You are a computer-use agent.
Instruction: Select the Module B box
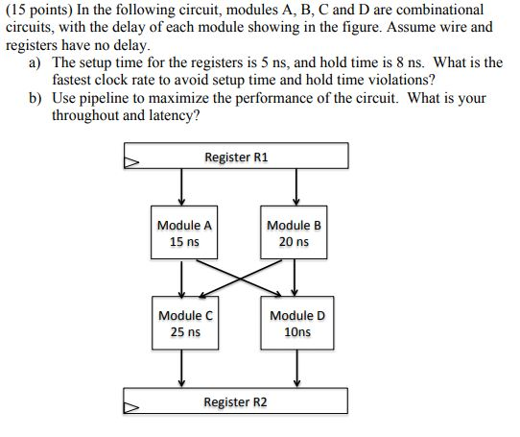pos(294,233)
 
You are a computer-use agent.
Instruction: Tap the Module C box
pos(184,323)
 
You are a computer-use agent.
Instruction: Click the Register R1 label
pos(236,157)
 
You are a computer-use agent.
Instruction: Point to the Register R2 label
pos(236,401)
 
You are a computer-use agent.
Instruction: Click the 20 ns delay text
pos(294,242)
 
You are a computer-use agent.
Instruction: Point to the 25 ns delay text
pos(184,331)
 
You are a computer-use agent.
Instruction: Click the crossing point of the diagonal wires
pos(239,276)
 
